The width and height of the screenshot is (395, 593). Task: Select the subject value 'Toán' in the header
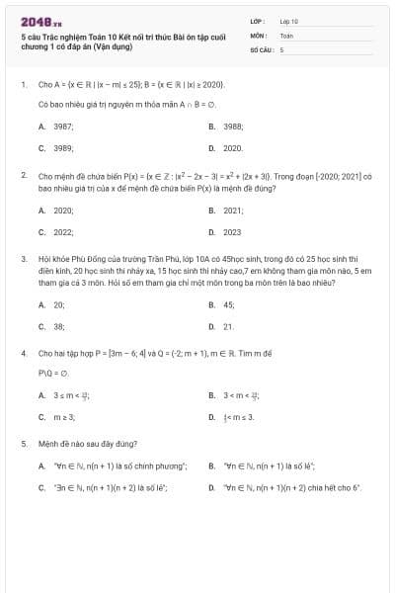click(x=286, y=35)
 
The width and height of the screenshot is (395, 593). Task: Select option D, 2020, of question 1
click(x=233, y=147)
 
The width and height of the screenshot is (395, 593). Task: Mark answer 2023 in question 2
click(x=233, y=232)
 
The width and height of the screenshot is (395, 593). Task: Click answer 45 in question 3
click(x=229, y=305)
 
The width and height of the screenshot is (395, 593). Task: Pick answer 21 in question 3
click(x=229, y=326)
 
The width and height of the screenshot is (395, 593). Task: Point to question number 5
click(x=23, y=444)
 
